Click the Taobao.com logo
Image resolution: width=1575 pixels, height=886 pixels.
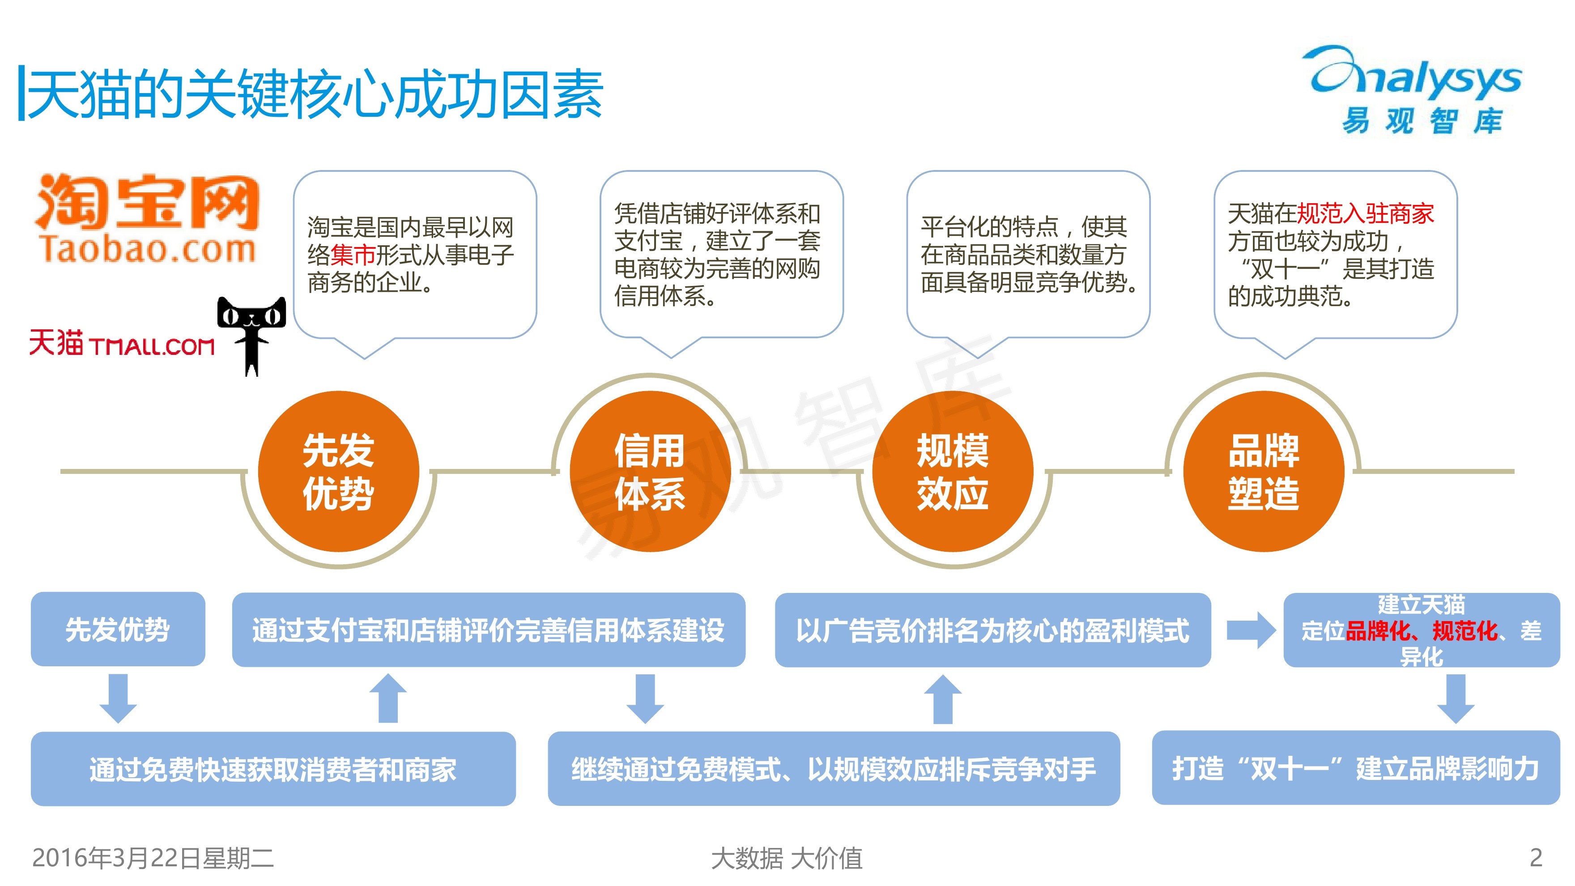click(147, 219)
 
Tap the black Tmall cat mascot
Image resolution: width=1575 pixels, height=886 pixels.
click(251, 333)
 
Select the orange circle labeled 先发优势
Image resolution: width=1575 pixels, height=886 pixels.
click(338, 472)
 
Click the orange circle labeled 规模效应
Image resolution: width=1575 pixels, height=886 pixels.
click(953, 472)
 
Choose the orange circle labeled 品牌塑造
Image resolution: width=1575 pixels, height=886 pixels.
click(1263, 472)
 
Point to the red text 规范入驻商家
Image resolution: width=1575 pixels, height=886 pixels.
click(1365, 214)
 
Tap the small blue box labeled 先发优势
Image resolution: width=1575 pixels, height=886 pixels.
click(118, 629)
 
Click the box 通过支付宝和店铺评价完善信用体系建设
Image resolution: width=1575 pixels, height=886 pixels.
click(489, 630)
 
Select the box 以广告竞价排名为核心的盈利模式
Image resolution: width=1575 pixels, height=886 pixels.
click(992, 630)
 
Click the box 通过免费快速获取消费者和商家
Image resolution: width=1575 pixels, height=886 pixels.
click(272, 769)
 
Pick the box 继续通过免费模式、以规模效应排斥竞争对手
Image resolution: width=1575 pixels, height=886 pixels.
click(833, 769)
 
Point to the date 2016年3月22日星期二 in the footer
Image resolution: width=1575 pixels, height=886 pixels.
click(153, 858)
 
